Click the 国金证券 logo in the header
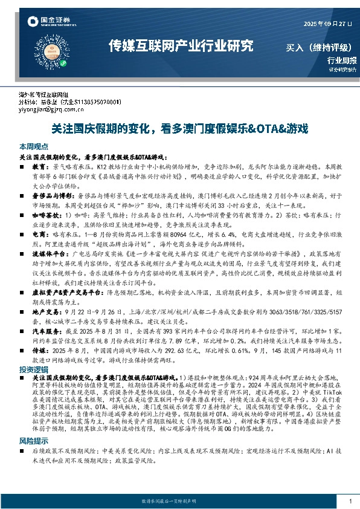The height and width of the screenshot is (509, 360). click(x=50, y=24)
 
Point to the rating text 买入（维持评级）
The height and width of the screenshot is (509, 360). click(x=315, y=48)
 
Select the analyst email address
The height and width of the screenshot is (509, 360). click(x=48, y=111)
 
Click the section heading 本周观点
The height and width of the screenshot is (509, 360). click(x=34, y=147)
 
